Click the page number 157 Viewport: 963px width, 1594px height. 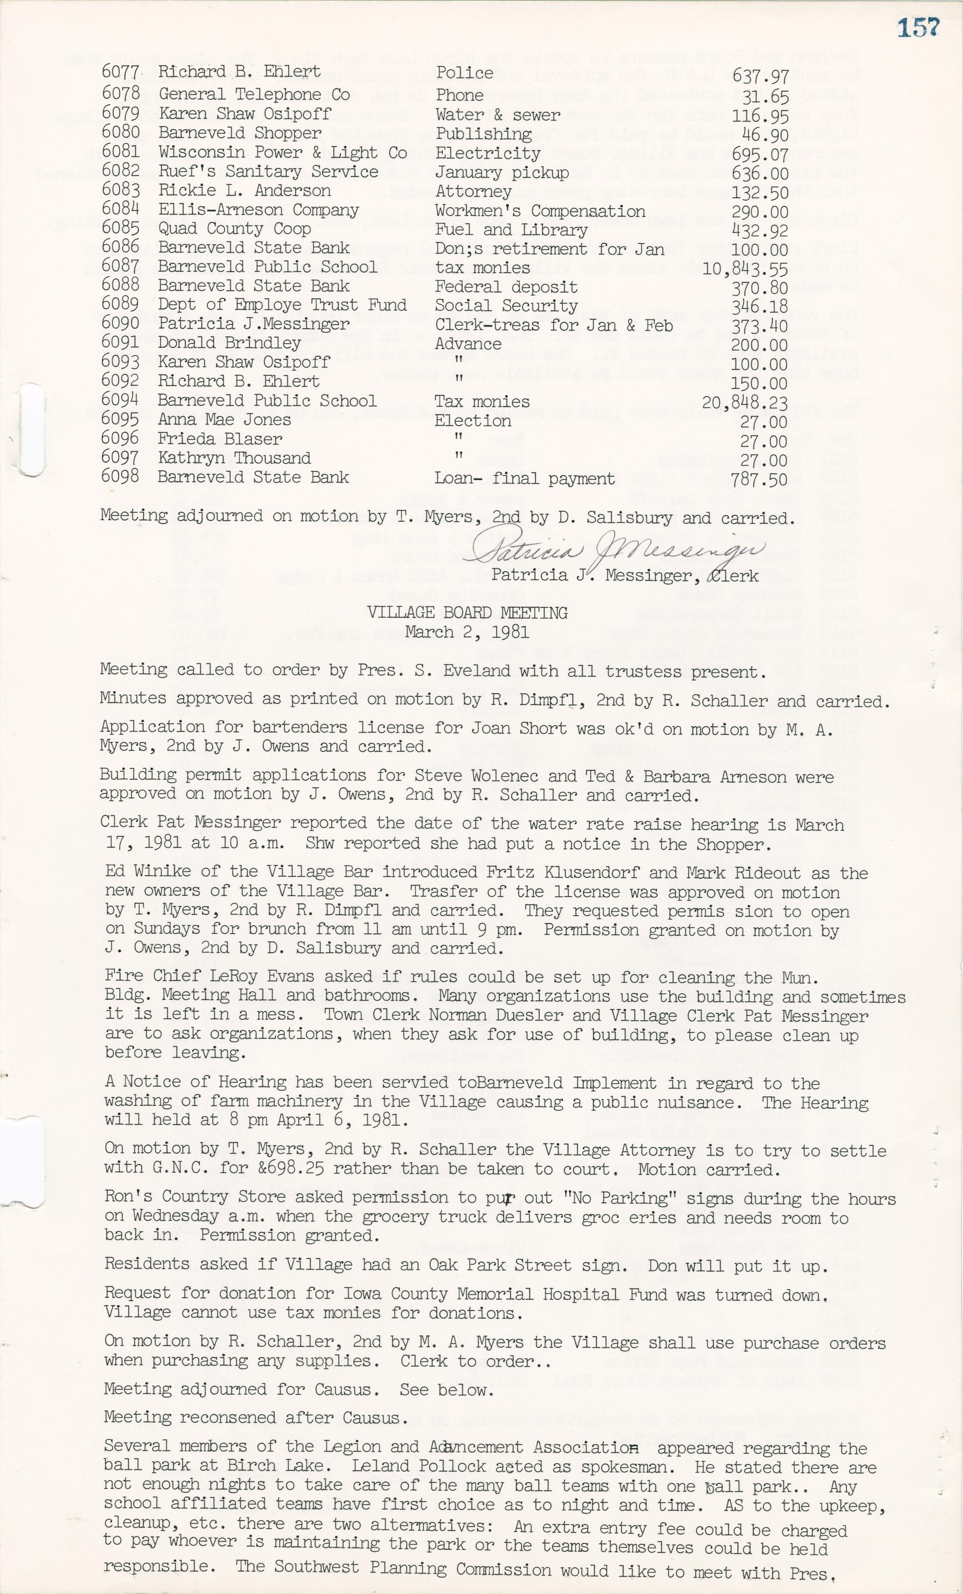point(918,28)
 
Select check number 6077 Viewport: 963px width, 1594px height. point(120,72)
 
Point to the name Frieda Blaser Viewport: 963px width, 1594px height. point(220,439)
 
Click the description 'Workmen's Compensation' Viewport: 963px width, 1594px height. point(540,212)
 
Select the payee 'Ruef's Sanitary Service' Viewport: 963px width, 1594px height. point(268,172)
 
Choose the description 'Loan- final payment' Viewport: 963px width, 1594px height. point(524,479)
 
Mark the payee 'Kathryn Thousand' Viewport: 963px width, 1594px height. point(234,458)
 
